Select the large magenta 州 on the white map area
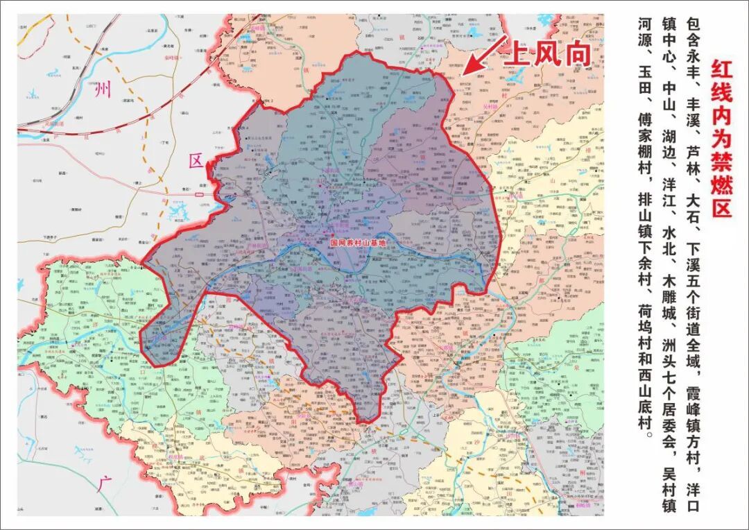pyautogui.click(x=103, y=89)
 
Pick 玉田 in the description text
pyautogui.click(x=644, y=87)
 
